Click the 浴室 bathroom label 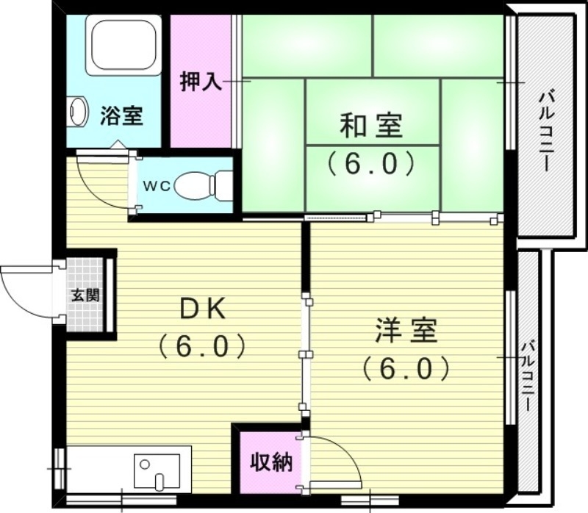point(121,116)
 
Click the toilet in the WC point(200,184)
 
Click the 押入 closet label point(201,81)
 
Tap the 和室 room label point(371,126)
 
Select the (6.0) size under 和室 point(371,162)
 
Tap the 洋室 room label point(406,331)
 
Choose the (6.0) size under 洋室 point(406,367)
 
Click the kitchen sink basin point(157,471)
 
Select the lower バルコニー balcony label point(528,376)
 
